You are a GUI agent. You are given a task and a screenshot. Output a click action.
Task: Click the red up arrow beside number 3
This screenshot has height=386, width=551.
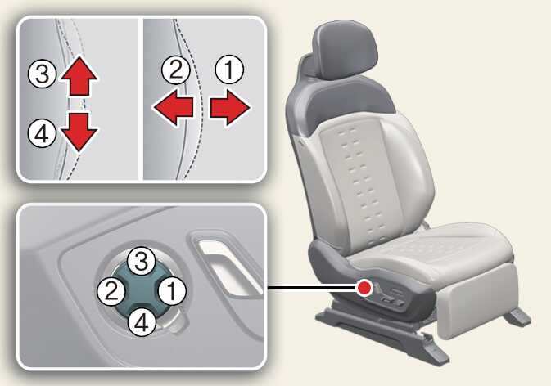pyautogui.click(x=79, y=76)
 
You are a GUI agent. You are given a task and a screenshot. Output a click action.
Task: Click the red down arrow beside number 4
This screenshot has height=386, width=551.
pyautogui.click(x=79, y=132)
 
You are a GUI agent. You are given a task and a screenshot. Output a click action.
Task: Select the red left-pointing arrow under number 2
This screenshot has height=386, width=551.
pyautogui.click(x=173, y=107)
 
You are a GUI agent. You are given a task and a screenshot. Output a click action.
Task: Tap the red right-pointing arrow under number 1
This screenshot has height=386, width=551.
pyautogui.click(x=230, y=107)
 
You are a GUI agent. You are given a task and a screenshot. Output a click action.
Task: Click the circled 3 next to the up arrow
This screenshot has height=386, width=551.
pyautogui.click(x=43, y=74)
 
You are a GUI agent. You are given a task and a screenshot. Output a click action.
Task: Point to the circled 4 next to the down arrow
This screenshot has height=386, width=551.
pyautogui.click(x=43, y=133)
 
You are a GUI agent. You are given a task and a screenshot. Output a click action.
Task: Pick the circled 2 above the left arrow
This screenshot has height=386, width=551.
pyautogui.click(x=176, y=70)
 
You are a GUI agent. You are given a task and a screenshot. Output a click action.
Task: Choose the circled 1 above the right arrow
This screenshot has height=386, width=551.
pyautogui.click(x=229, y=70)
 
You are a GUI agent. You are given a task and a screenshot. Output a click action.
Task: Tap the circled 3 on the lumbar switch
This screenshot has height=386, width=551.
pyautogui.click(x=142, y=261)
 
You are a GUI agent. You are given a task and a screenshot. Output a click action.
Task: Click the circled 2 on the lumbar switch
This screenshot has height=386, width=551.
pyautogui.click(x=111, y=291)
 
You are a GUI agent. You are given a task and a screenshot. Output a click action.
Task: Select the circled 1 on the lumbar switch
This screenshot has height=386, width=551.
pyautogui.click(x=172, y=291)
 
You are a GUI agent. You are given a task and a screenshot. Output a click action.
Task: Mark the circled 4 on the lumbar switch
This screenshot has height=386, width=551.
pyautogui.click(x=142, y=322)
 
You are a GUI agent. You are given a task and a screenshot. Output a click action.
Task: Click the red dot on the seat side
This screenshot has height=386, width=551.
pyautogui.click(x=364, y=288)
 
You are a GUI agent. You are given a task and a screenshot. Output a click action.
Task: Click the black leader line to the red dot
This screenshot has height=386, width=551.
pyautogui.click(x=312, y=288)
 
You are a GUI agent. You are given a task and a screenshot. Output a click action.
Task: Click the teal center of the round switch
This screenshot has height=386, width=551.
pyautogui.click(x=142, y=291)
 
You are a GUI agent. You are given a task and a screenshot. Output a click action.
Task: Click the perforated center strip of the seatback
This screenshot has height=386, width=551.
pyautogui.click(x=362, y=182)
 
